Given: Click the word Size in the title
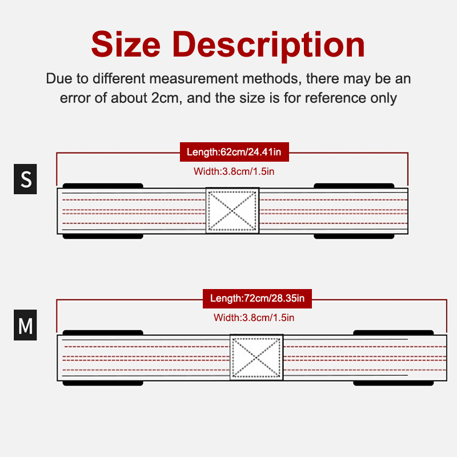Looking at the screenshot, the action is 126,44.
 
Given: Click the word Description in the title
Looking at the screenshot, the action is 268,46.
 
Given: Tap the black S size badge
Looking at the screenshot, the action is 25,179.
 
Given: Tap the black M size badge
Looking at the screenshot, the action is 25,325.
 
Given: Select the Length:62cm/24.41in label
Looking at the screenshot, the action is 234,152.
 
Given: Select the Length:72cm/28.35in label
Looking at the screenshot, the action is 257,298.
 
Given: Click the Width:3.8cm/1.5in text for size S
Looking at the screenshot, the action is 234,171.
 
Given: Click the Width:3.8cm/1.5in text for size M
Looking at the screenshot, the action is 254,318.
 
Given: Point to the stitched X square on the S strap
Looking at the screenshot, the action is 232,210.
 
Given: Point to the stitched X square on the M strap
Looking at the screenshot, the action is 256,357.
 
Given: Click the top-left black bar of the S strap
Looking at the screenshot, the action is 103,186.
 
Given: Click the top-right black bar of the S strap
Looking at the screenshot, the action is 354,186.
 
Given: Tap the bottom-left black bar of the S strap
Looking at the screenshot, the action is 103,236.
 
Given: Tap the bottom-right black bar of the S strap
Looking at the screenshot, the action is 354,236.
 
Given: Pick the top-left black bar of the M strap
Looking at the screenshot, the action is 103,332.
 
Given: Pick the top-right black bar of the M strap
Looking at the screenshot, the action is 394,332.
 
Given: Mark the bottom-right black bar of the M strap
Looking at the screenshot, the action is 394,383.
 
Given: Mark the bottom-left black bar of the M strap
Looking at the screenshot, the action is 103,383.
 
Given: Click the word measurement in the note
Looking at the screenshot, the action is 194,79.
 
